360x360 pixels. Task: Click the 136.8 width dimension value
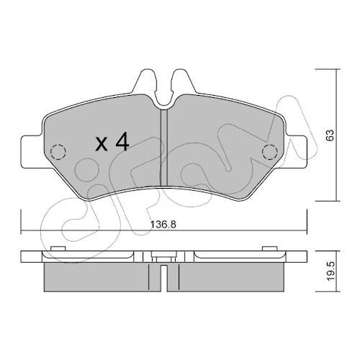point(163,225)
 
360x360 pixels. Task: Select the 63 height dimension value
point(330,135)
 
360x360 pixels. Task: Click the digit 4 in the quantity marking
point(122,143)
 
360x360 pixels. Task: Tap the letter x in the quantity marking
point(102,145)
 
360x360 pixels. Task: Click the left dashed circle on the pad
point(58,152)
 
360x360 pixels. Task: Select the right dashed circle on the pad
point(270,152)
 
